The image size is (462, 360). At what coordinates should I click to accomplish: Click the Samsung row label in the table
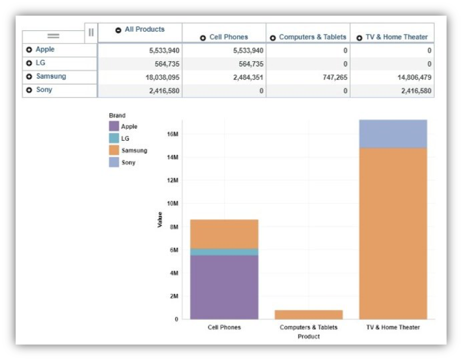pos(51,77)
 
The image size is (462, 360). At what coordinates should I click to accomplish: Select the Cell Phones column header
pos(228,37)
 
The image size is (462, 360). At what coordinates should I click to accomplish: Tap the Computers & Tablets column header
pos(312,37)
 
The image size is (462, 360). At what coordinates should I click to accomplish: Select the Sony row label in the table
pos(44,90)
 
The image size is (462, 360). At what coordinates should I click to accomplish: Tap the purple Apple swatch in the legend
pos(114,126)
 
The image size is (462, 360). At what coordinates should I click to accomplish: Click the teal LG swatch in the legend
pos(114,138)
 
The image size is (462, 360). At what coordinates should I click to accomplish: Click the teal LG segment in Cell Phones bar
pos(224,252)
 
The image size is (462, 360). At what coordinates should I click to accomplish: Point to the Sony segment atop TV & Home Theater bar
pos(393,134)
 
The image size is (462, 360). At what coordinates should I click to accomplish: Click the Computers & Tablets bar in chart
pos(308,314)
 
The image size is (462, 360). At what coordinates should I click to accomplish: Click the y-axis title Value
pos(160,220)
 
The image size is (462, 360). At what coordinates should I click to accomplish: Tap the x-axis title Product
pos(308,336)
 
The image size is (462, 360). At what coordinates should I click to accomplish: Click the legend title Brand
pos(117,115)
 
